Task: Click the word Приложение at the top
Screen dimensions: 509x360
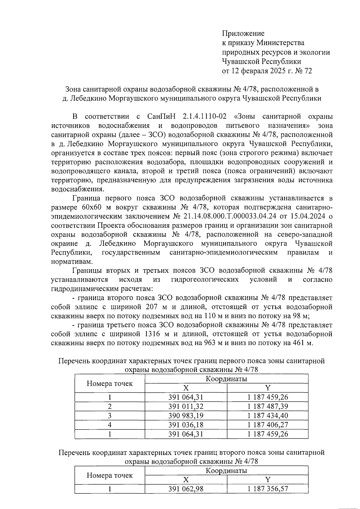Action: (x=243, y=33)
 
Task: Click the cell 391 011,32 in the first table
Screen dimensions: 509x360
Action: (x=186, y=406)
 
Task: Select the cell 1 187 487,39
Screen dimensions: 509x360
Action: (x=268, y=406)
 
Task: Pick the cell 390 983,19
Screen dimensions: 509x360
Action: (x=186, y=416)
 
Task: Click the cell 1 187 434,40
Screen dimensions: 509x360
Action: (x=268, y=416)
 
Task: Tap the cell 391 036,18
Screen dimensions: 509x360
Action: (x=186, y=425)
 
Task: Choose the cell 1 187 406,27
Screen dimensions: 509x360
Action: (x=268, y=425)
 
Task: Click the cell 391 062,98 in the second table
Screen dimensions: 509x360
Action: (x=186, y=489)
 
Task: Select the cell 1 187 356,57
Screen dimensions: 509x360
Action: (x=268, y=489)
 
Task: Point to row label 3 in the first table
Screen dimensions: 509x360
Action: (x=110, y=416)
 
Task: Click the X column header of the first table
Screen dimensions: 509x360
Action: (x=186, y=388)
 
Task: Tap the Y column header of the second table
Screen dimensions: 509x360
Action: (x=268, y=480)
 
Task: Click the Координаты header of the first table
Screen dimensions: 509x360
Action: (x=226, y=379)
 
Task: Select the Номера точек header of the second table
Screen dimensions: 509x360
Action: (x=110, y=475)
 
